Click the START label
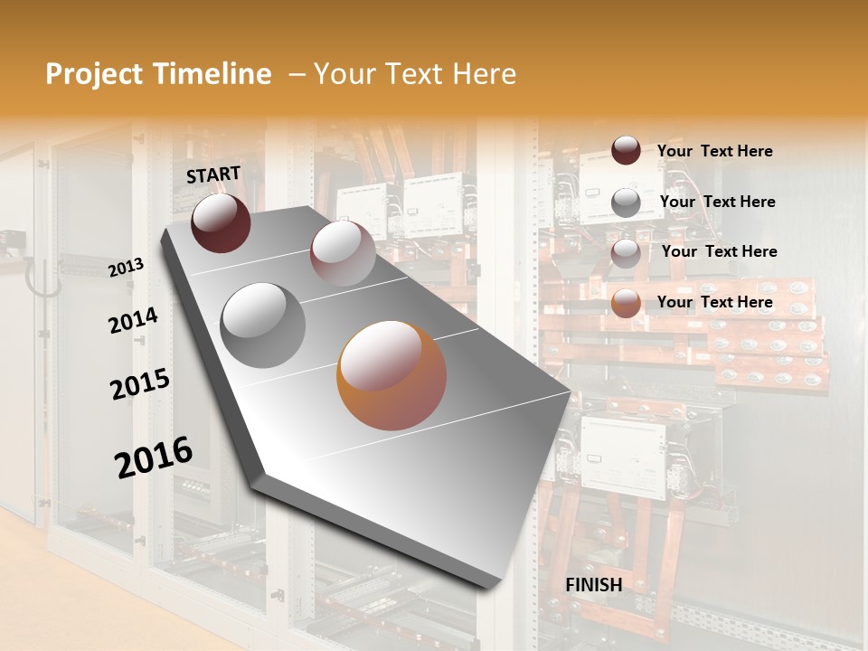click(x=213, y=175)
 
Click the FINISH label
click(x=593, y=585)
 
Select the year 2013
click(x=126, y=268)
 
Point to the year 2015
click(x=140, y=384)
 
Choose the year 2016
click(x=154, y=458)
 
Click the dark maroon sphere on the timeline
click(x=221, y=223)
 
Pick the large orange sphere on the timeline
click(x=392, y=375)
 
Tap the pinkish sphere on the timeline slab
click(x=343, y=253)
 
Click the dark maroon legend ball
click(x=626, y=150)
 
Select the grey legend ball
click(x=626, y=203)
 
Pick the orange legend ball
click(x=626, y=303)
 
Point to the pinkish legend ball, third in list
click(x=626, y=253)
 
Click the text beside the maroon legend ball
click(x=714, y=151)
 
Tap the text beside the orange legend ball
click(x=714, y=302)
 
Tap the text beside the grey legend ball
click(x=717, y=202)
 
